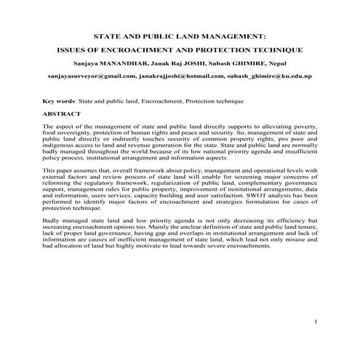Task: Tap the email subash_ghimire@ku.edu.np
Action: (268, 75)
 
